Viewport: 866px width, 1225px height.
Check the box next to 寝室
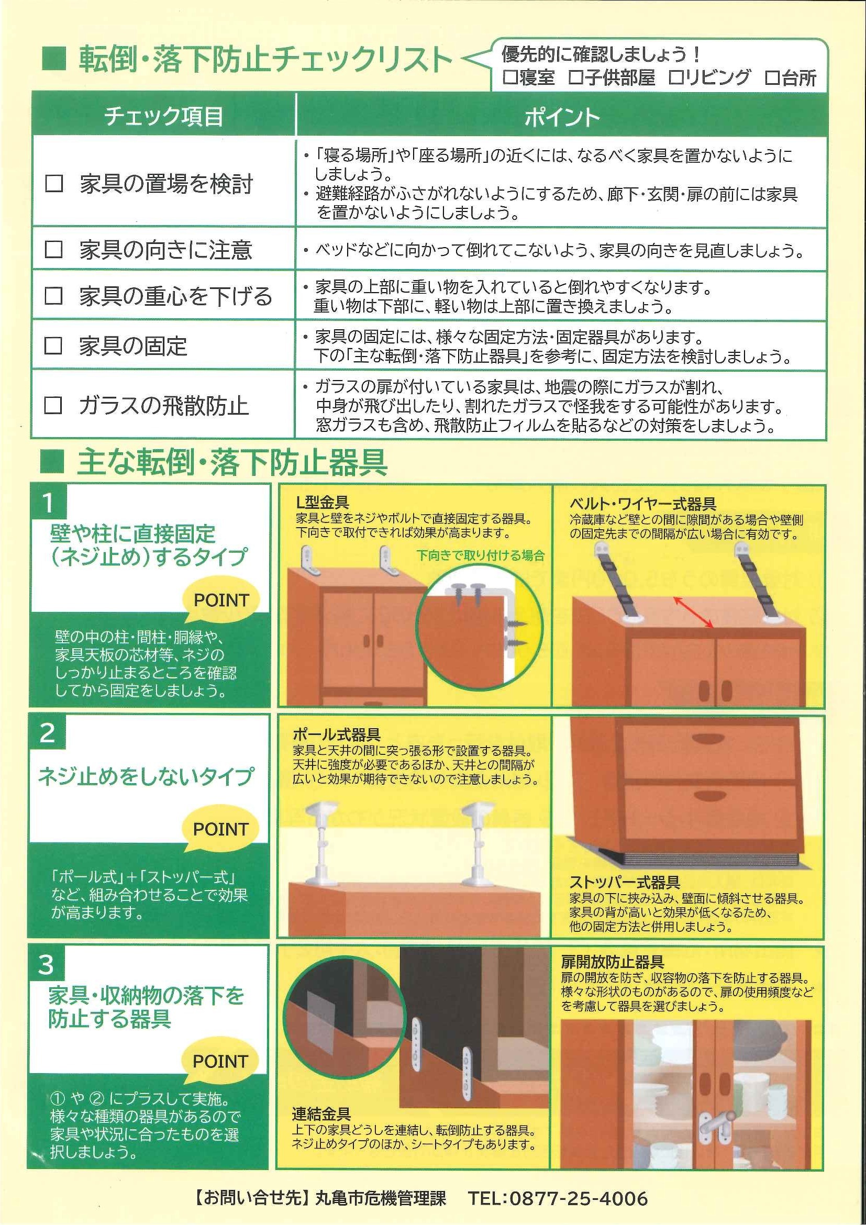tap(510, 78)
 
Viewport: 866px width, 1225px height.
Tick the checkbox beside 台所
tap(773, 78)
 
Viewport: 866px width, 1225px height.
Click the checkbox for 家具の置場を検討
tap(54, 184)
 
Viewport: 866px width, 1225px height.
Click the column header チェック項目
tap(163, 116)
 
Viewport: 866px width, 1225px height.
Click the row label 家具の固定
tap(133, 346)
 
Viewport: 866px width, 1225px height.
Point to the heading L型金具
tap(323, 502)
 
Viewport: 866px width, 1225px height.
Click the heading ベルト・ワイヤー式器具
tap(642, 504)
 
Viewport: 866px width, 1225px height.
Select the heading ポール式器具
tap(337, 734)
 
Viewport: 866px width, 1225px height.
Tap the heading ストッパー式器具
tap(624, 882)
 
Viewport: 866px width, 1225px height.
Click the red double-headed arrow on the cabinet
tap(694, 612)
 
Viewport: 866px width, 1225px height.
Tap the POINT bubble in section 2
tap(221, 829)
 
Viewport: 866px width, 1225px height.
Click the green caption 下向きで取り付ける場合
tap(480, 555)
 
